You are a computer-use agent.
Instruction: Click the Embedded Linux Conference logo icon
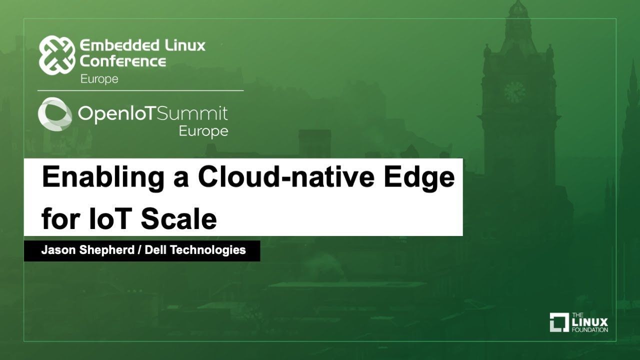(x=57, y=55)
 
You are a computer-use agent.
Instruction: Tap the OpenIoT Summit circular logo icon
(x=55, y=114)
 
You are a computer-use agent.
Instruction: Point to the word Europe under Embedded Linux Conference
(x=99, y=79)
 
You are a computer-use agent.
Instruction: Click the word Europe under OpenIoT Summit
(x=203, y=131)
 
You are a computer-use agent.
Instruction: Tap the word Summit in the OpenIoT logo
(x=192, y=114)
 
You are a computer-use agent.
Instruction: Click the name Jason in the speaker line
(x=58, y=250)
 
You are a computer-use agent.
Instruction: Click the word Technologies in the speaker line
(x=208, y=250)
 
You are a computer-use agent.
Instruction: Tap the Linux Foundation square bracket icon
(x=559, y=322)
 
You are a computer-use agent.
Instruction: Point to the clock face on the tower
(x=514, y=92)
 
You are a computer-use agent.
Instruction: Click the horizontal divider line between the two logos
(x=140, y=90)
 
